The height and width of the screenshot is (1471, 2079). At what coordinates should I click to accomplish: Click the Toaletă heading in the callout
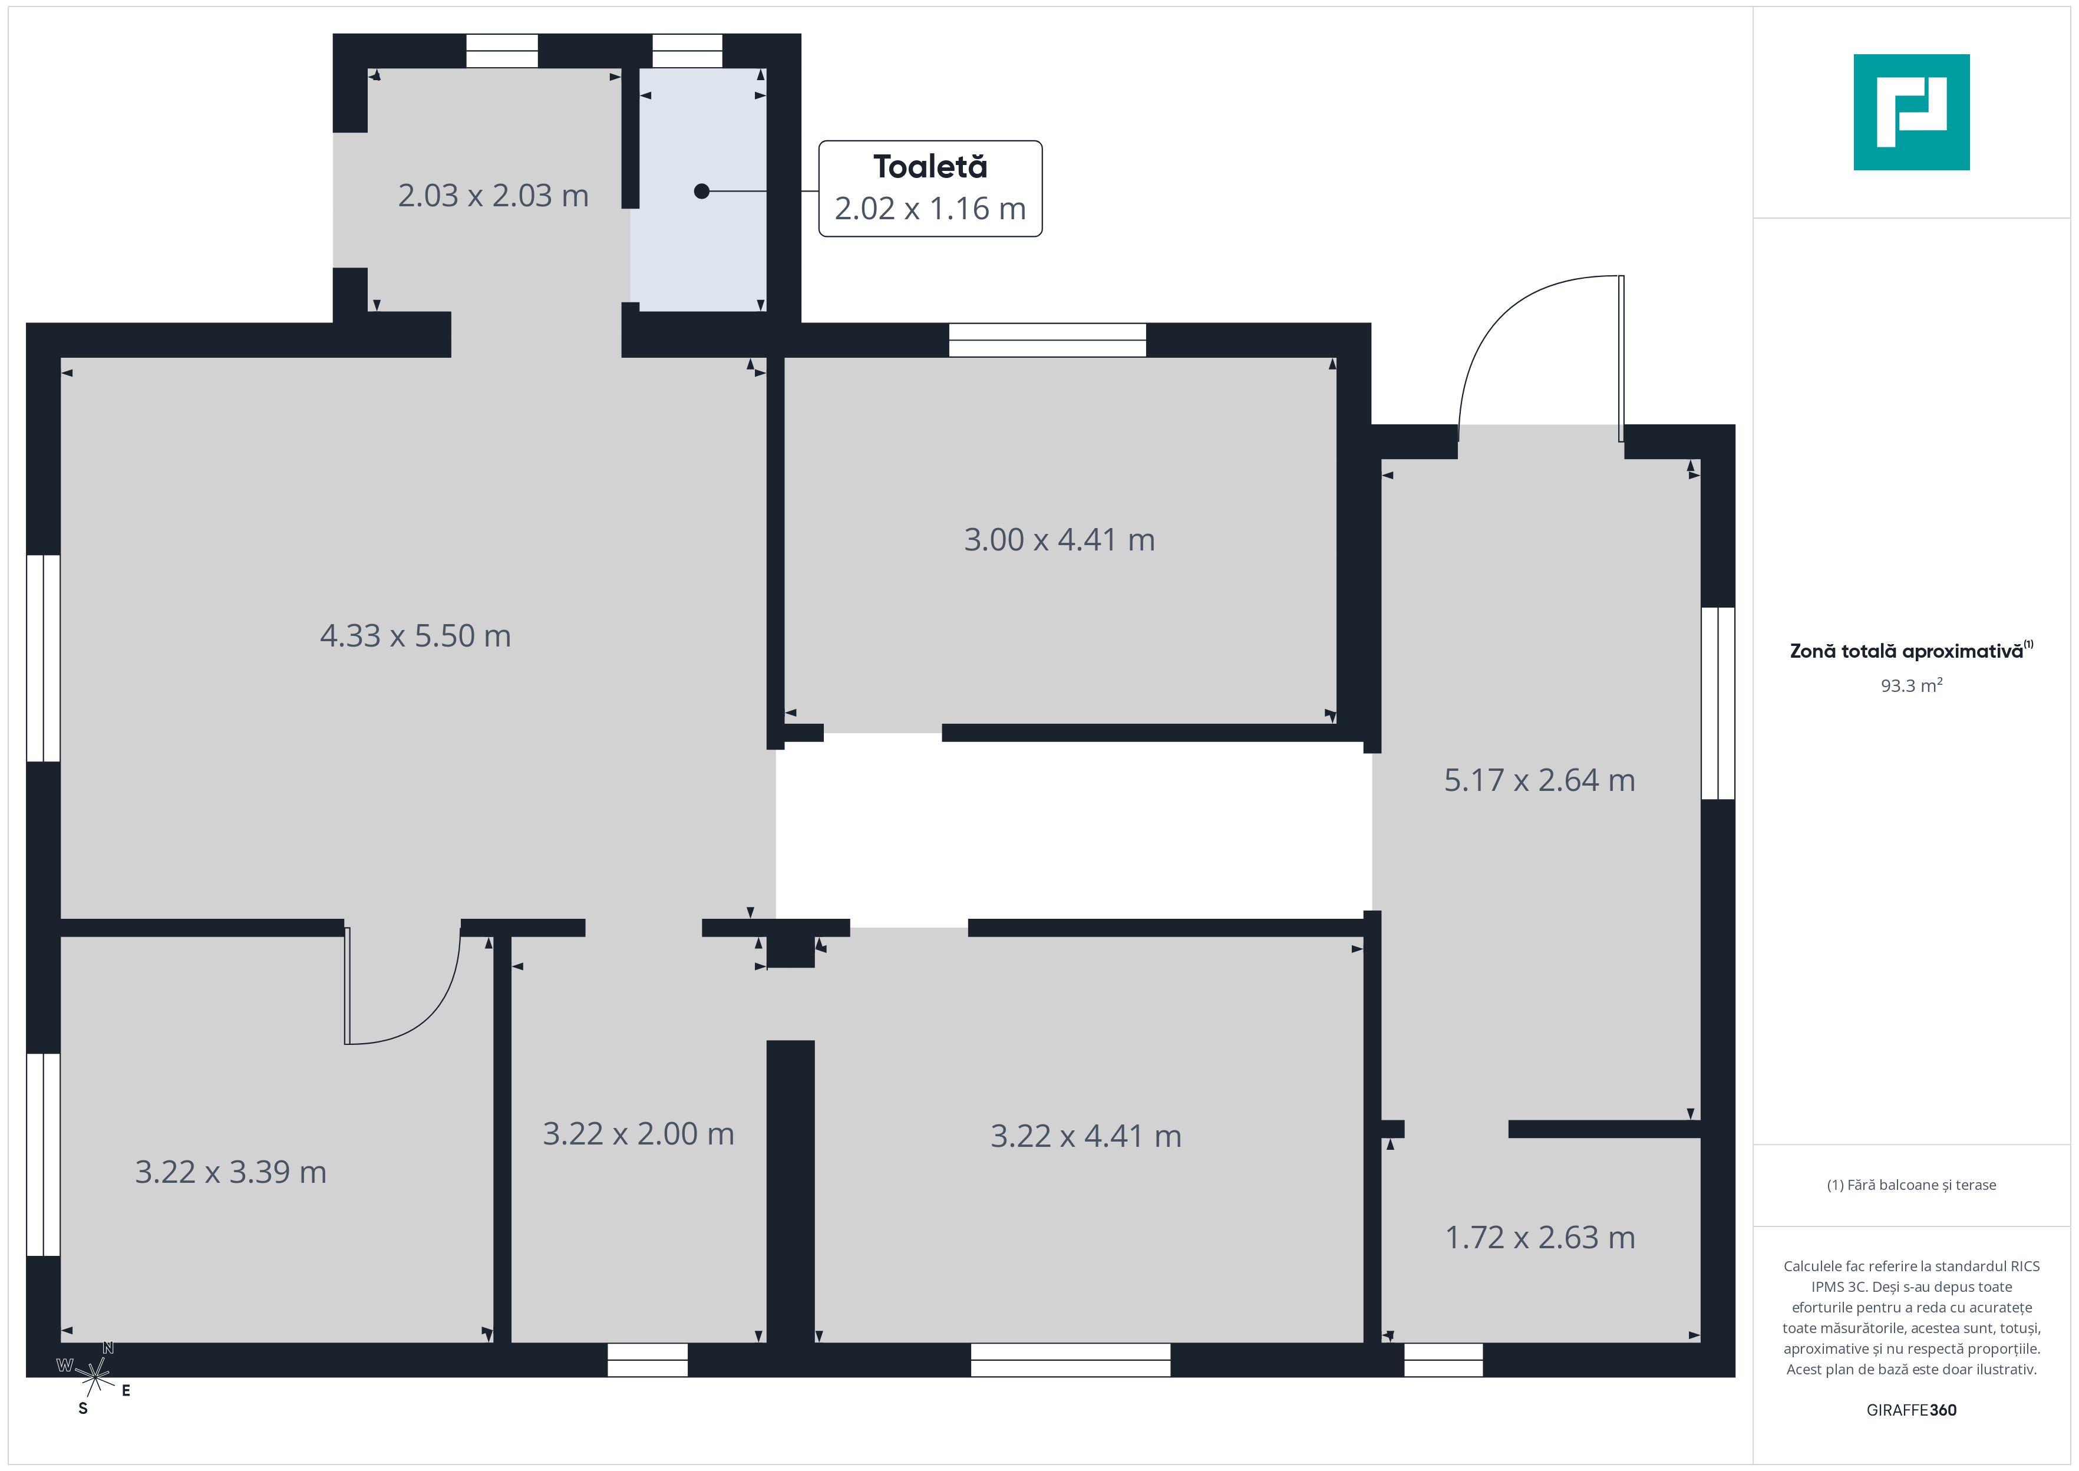point(930,167)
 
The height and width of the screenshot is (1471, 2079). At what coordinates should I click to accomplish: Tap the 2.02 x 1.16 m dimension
point(930,208)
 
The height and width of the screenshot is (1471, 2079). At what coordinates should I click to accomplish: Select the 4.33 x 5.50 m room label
point(415,636)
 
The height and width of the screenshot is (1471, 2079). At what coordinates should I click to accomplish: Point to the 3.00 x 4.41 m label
point(1060,540)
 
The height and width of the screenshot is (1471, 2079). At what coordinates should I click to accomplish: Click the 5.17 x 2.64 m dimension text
point(1539,780)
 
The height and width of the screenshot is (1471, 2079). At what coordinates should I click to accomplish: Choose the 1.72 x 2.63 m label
point(1539,1237)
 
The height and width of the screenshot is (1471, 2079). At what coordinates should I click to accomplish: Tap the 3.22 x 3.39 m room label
point(231,1172)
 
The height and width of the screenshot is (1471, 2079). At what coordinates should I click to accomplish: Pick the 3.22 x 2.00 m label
point(638,1134)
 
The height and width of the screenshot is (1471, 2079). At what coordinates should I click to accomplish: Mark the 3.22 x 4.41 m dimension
point(1085,1136)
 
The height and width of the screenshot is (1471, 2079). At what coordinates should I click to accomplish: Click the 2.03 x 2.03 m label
point(493,196)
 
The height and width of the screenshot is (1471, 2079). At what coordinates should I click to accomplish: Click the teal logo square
point(1912,113)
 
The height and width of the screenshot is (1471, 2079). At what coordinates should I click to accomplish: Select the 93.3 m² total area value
point(1912,685)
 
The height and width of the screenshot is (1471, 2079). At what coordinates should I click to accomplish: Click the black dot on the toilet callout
point(702,191)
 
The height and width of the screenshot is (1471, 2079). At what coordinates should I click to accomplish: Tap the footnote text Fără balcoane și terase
point(1912,1185)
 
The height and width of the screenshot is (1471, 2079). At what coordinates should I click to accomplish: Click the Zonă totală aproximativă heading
point(1912,651)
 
